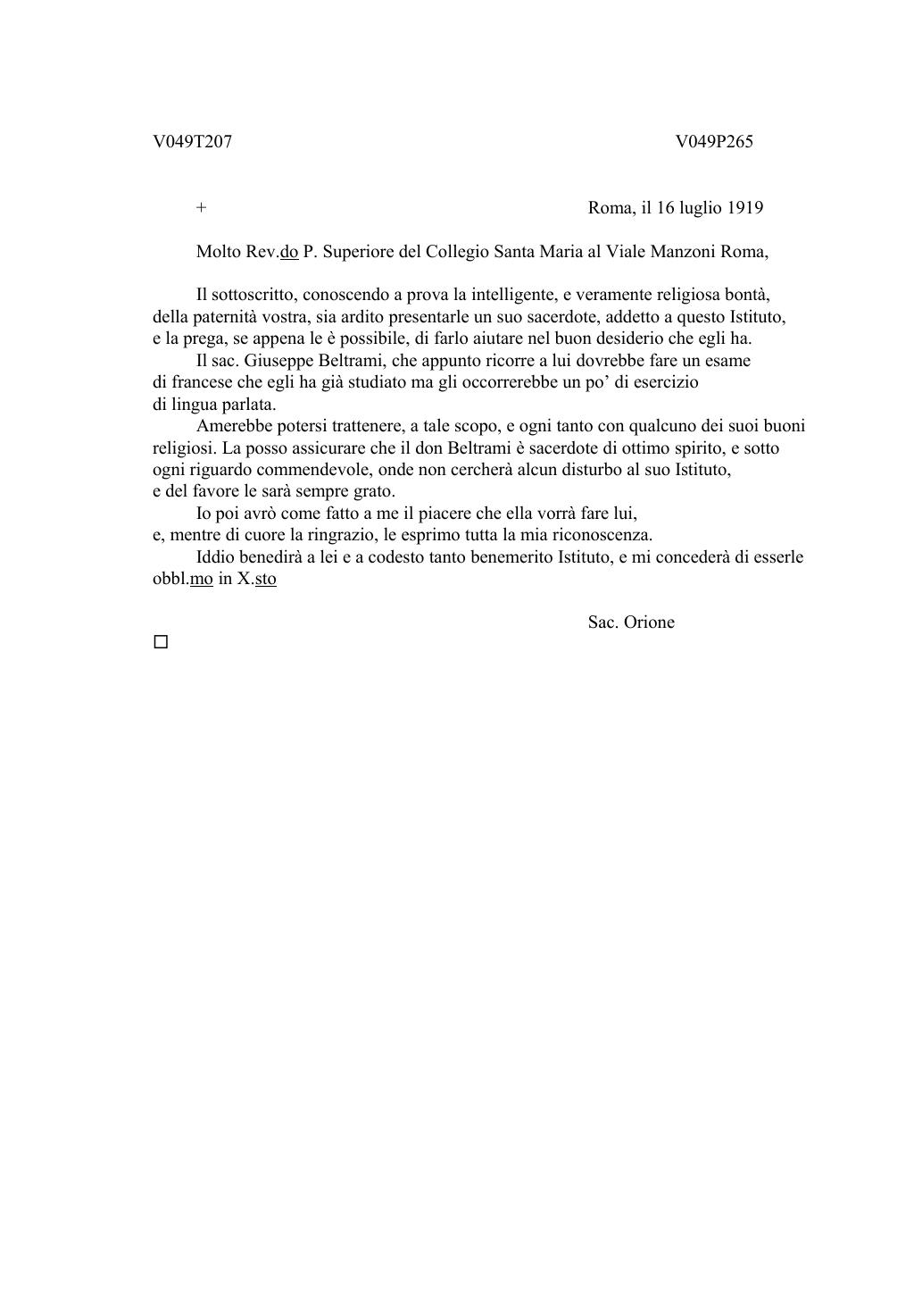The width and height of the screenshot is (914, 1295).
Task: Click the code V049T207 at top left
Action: tap(192, 142)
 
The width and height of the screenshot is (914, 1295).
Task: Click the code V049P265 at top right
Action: tap(714, 142)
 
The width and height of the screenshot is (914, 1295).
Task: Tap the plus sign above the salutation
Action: tap(202, 208)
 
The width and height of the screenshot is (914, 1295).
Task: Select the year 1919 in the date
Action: tap(744, 208)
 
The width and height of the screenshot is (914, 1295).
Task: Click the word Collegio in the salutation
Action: tap(456, 252)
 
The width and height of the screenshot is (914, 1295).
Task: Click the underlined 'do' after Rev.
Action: tap(288, 252)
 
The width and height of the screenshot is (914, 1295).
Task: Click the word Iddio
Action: tap(217, 557)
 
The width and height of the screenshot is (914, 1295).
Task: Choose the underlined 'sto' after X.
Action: tap(265, 579)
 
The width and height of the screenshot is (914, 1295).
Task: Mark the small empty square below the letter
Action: tap(161, 642)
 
